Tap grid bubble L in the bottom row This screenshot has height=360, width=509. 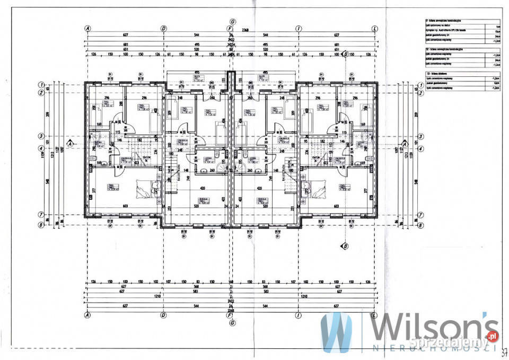(x=375, y=315)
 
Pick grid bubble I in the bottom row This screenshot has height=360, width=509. (x=299, y=315)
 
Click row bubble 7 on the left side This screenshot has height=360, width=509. (x=41, y=215)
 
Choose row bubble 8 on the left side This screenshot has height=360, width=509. (x=41, y=225)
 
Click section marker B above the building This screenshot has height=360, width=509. (x=346, y=54)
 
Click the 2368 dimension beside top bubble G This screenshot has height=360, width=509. (x=245, y=30)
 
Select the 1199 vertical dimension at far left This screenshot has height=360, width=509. (x=49, y=154)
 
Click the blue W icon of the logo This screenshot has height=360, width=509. (x=336, y=332)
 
